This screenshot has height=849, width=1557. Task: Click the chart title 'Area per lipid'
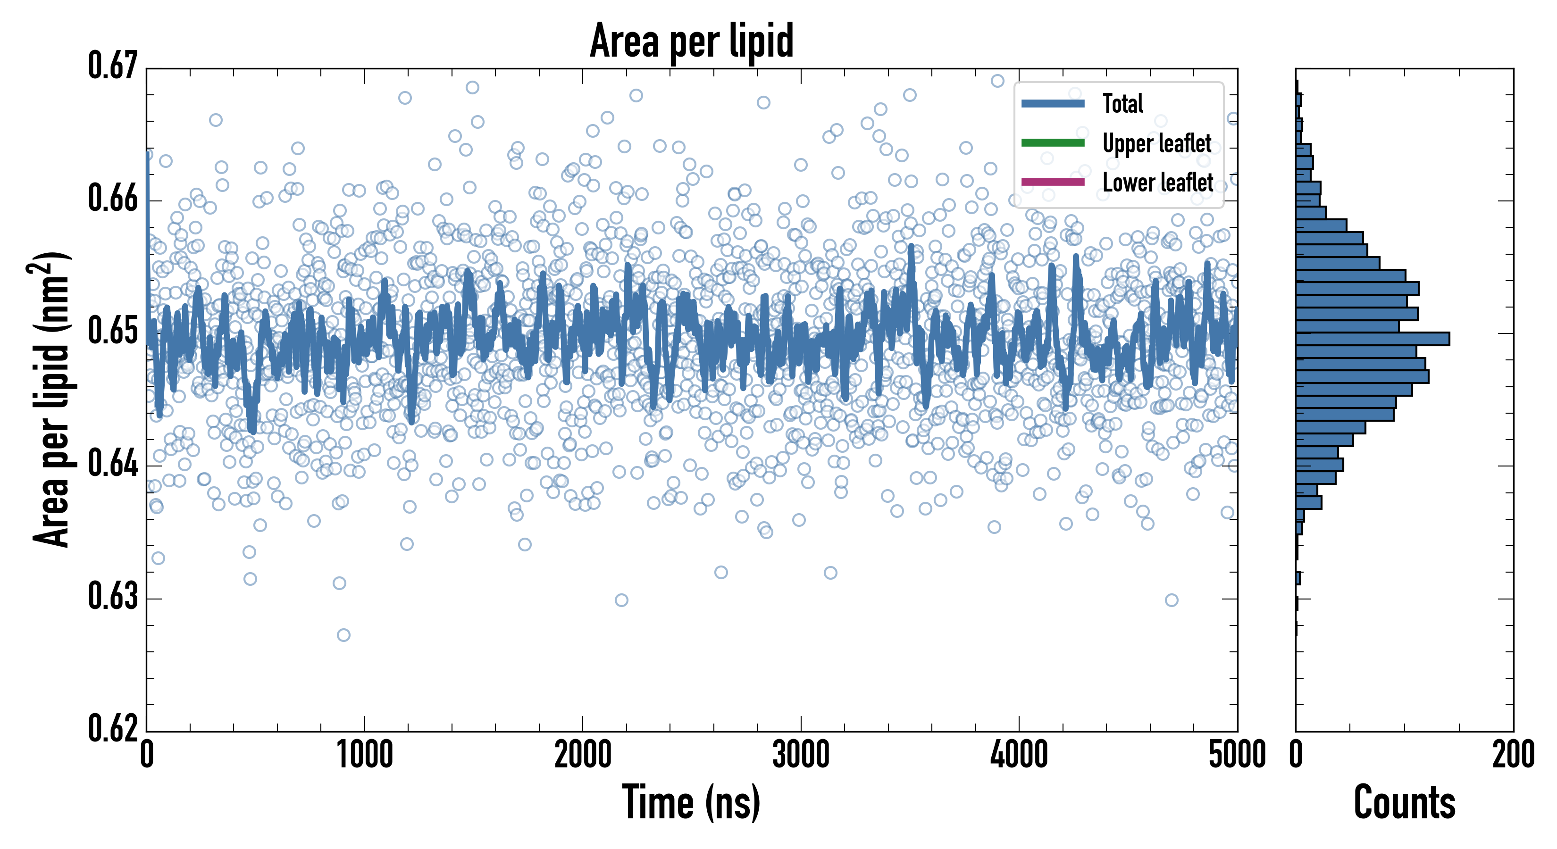692,41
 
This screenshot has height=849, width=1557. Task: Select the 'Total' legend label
1122,103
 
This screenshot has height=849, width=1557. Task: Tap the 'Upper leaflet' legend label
1156,143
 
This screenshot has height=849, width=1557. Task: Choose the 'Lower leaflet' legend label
1157,183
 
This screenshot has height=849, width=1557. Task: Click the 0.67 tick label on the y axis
113,66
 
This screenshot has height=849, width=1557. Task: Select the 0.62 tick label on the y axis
113,728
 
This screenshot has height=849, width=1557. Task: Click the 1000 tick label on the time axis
364,755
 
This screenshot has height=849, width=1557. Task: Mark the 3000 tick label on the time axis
801,755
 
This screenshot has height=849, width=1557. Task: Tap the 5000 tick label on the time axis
1237,755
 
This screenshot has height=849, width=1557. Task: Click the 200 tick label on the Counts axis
1513,755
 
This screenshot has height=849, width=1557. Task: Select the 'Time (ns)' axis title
692,802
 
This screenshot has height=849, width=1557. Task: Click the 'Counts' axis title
1404,802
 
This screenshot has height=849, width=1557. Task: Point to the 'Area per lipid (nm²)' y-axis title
52,399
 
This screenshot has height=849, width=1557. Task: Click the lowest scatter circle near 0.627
343,635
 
